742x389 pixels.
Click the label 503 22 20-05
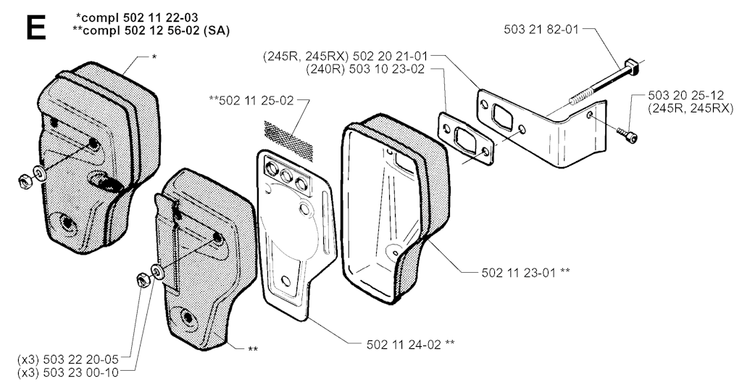coord(86,359)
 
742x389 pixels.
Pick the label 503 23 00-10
coord(86,372)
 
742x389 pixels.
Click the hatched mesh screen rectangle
coord(290,136)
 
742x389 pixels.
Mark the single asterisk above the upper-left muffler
coord(154,56)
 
